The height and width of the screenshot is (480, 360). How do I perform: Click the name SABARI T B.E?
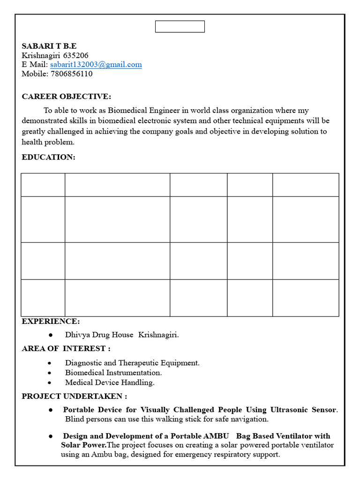[x=49, y=46]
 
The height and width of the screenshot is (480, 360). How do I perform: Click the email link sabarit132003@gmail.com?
[x=96, y=65]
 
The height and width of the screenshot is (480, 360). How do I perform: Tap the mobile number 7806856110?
[x=71, y=74]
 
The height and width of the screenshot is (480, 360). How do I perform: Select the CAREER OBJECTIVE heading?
[x=67, y=97]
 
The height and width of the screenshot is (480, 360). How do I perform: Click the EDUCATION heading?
[x=48, y=157]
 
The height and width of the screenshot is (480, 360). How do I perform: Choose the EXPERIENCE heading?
[x=51, y=322]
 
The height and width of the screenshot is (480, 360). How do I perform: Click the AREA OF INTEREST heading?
[x=66, y=349]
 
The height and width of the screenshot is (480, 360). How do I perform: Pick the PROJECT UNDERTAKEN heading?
[x=74, y=397]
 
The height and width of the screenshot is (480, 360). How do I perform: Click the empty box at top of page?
[x=180, y=27]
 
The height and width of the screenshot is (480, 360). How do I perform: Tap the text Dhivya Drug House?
[x=99, y=335]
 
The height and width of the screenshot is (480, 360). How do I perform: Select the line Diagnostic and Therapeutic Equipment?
[x=132, y=363]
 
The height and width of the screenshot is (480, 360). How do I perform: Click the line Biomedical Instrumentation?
[x=113, y=373]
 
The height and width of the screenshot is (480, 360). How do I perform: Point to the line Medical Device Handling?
[x=110, y=382]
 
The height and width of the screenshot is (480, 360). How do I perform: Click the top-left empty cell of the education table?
[x=43, y=185]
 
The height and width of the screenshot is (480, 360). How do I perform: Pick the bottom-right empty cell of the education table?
[x=306, y=298]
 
